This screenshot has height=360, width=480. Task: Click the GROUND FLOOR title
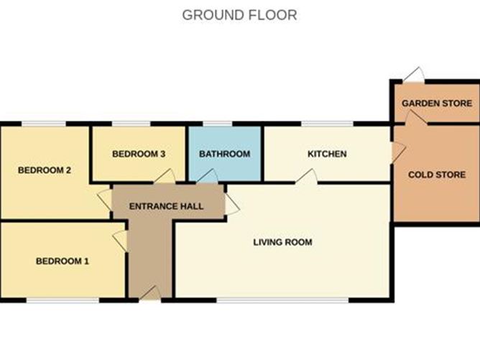point(239,15)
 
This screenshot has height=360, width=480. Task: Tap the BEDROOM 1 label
point(63,261)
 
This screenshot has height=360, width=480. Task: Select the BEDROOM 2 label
point(45,170)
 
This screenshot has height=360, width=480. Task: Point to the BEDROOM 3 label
point(139,154)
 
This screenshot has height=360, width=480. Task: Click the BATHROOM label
point(225,154)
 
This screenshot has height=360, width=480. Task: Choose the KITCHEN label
point(327,154)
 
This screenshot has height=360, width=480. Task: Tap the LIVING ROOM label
point(282,242)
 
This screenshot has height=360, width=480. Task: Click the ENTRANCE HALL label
point(166,206)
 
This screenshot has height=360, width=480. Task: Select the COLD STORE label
point(437,175)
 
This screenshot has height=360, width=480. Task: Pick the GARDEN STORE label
point(437,103)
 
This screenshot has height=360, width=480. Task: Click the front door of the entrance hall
point(150,293)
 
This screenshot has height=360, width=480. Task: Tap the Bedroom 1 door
point(120,241)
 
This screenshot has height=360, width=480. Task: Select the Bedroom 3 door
point(165,176)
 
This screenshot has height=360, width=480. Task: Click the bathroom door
point(207,176)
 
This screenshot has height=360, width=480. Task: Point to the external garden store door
point(414,75)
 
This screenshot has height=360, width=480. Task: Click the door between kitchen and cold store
point(399,152)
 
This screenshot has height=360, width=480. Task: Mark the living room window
point(282,300)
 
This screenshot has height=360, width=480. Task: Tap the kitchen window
point(327,124)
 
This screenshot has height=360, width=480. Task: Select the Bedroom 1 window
point(63,300)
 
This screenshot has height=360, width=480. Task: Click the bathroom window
point(217,124)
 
